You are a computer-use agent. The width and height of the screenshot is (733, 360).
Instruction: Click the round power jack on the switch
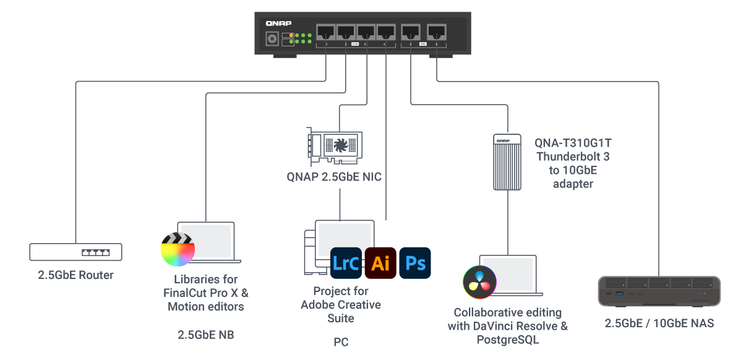271,39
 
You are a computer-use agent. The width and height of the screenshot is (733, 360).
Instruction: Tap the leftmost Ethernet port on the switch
326,32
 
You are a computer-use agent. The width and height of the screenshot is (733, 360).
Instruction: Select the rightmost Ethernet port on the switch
437,32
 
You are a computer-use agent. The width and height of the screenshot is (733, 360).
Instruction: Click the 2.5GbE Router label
75,275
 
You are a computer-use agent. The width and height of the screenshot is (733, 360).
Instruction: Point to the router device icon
75,252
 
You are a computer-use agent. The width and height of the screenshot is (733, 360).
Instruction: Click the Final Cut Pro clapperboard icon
178,249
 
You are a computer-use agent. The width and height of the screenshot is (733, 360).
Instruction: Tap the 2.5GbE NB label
205,335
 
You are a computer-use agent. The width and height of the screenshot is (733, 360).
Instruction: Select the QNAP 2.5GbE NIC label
334,177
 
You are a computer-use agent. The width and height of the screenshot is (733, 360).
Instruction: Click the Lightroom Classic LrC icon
346,263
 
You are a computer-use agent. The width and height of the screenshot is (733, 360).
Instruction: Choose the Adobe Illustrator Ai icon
380,263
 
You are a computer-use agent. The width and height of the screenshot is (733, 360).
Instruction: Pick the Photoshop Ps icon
415,263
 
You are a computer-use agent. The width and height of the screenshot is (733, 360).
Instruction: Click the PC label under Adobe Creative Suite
341,341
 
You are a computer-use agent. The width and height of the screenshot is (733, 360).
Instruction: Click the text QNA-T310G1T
573,144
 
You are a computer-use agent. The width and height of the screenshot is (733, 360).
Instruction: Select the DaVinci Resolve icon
480,281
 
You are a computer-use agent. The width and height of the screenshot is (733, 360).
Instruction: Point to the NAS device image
659,291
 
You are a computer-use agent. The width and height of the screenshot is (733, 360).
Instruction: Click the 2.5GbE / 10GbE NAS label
659,324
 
